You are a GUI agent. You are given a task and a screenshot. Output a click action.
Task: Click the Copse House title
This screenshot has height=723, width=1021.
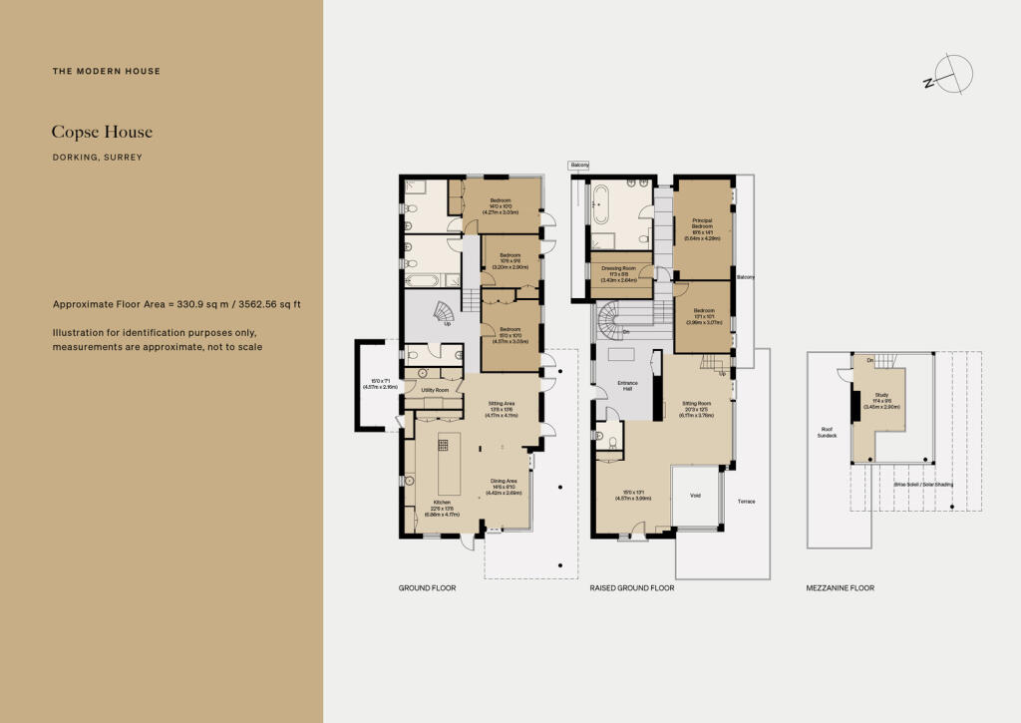[103, 132]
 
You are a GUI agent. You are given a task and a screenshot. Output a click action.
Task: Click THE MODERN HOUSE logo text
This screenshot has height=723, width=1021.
[107, 72]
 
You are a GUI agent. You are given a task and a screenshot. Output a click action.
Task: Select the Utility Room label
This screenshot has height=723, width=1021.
[435, 390]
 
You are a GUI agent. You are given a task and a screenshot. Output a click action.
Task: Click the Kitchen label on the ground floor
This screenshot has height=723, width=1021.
[442, 502]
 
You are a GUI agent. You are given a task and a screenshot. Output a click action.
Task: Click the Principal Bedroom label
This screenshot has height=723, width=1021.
[702, 223]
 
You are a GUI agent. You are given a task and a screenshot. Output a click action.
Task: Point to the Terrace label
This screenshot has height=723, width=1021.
[747, 502]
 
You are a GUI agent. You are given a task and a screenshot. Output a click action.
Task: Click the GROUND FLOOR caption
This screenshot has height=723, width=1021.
[427, 588]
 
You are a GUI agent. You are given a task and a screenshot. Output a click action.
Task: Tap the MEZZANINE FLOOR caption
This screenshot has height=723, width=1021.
[840, 588]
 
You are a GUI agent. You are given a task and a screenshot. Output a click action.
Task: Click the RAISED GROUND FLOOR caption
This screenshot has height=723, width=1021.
[631, 588]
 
